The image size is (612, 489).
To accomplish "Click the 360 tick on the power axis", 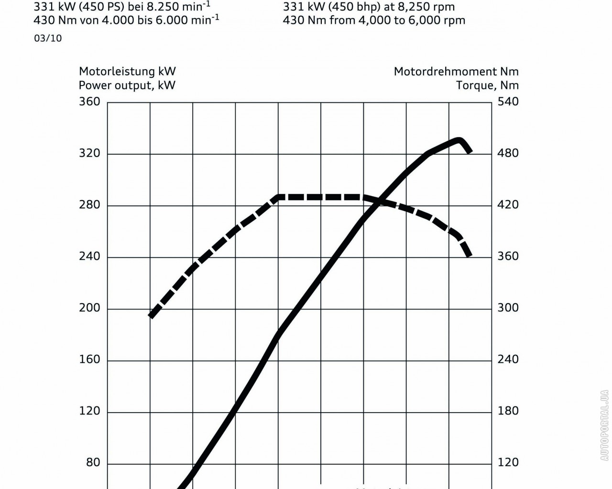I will (x=89, y=102).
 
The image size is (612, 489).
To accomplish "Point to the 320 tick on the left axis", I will (x=89, y=153).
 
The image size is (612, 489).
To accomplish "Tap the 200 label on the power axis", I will (x=89, y=308).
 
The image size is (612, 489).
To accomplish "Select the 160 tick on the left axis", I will (x=89, y=360).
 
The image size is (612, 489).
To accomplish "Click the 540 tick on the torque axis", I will (x=508, y=102).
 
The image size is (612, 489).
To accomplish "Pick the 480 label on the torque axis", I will (x=508, y=153).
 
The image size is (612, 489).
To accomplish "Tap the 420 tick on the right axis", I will (x=508, y=205).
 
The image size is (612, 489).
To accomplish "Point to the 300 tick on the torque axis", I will (x=508, y=308).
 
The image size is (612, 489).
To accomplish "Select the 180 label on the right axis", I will (x=508, y=411).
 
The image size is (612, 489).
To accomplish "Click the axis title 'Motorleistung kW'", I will (x=127, y=72).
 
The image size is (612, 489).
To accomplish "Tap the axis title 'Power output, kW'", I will (x=127, y=85).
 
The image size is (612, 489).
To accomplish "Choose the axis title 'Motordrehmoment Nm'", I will (x=456, y=72).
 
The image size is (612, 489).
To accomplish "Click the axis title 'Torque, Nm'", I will (x=487, y=85).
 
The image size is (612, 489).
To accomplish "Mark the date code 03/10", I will (x=48, y=39).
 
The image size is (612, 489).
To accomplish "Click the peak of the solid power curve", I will (x=459, y=140).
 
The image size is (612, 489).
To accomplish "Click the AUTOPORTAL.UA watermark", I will (x=604, y=425).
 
